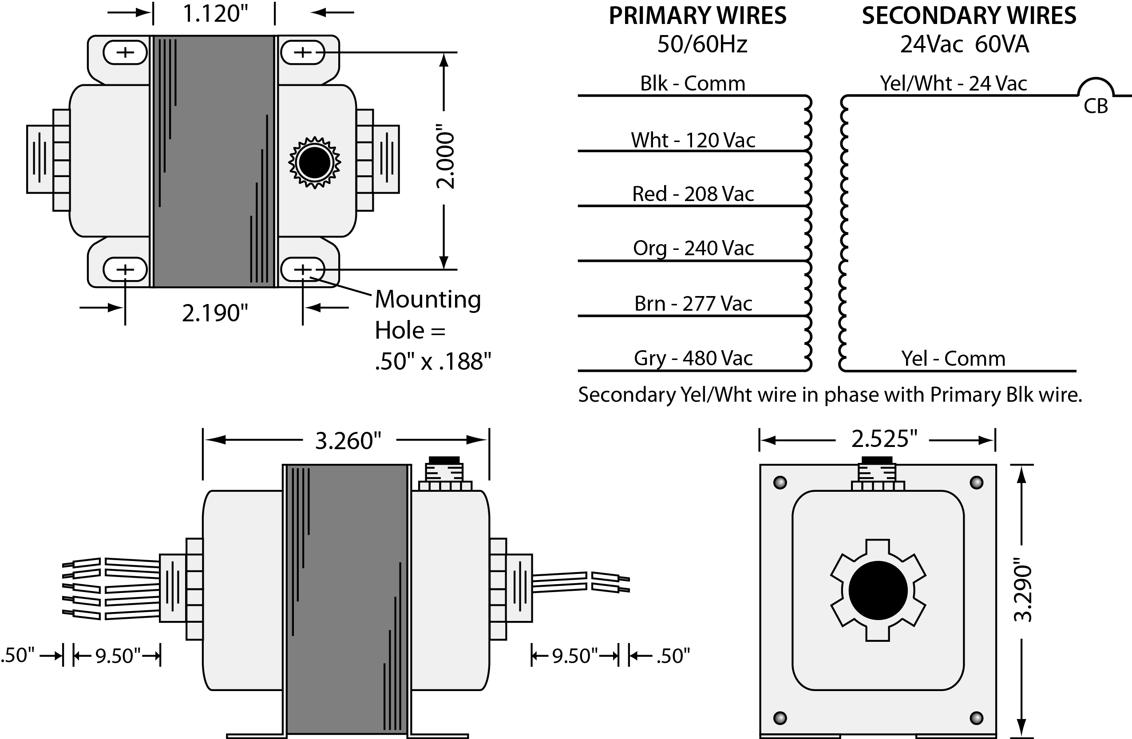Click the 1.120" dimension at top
pyautogui.click(x=215, y=14)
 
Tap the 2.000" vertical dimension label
pyautogui.click(x=446, y=157)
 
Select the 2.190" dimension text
pyautogui.click(x=215, y=313)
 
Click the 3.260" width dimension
pyautogui.click(x=348, y=440)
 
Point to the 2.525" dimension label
pyautogui.click(x=884, y=439)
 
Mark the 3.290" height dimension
pyautogui.click(x=1023, y=593)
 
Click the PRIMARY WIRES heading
pyautogui.click(x=697, y=16)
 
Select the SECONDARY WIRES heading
pyautogui.click(x=969, y=16)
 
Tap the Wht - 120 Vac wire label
pyautogui.click(x=693, y=140)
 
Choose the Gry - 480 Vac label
pyautogui.click(x=693, y=358)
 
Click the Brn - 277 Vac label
pyautogui.click(x=693, y=304)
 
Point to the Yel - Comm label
pyautogui.click(x=953, y=358)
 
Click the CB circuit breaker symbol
pyautogui.click(x=1096, y=98)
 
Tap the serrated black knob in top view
pyautogui.click(x=314, y=162)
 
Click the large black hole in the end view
pyautogui.click(x=878, y=590)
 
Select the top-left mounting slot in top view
pyautogui.click(x=125, y=52)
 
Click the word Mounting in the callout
pyautogui.click(x=427, y=299)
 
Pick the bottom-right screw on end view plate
pyautogui.click(x=976, y=718)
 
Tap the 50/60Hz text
pyautogui.click(x=702, y=44)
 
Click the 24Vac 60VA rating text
pyautogui.click(x=965, y=44)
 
